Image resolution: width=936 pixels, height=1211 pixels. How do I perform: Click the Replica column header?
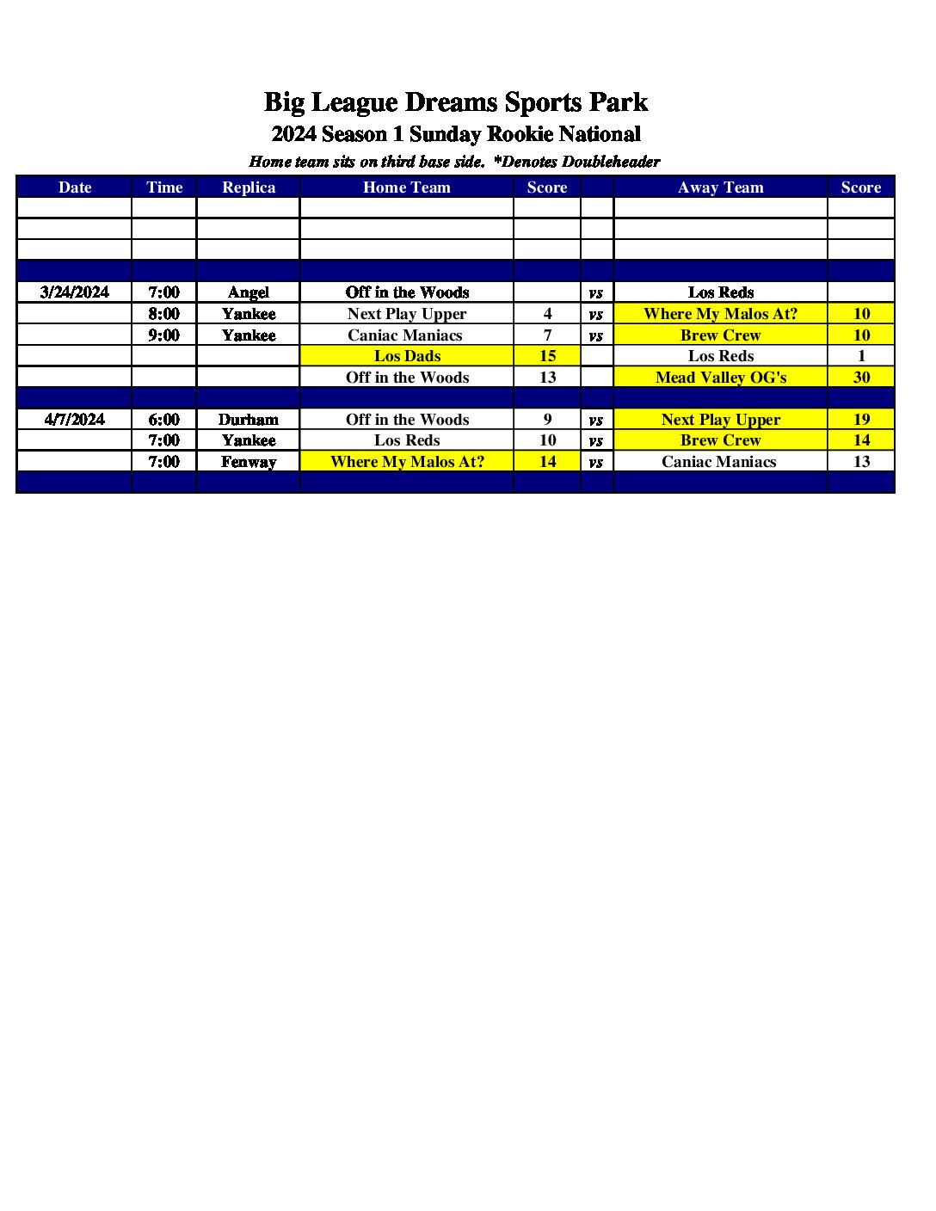pyautogui.click(x=249, y=187)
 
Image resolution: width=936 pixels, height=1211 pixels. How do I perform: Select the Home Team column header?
pyautogui.click(x=407, y=187)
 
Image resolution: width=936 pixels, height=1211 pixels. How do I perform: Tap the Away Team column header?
pyautogui.click(x=720, y=187)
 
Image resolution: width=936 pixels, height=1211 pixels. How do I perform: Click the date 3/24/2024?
pyautogui.click(x=75, y=292)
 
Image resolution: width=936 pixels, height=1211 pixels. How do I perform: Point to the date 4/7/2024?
pyautogui.click(x=75, y=420)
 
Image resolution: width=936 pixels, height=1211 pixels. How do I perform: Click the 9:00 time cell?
pyautogui.click(x=164, y=335)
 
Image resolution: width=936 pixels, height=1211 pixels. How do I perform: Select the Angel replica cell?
pyautogui.click(x=249, y=292)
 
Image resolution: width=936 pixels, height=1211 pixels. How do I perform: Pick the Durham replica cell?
pyautogui.click(x=249, y=420)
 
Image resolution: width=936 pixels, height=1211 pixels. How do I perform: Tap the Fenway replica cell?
pyautogui.click(x=249, y=462)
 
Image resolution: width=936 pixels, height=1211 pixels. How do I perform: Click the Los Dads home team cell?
pyautogui.click(x=407, y=356)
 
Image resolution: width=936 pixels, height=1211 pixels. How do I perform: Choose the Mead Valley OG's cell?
pyautogui.click(x=721, y=378)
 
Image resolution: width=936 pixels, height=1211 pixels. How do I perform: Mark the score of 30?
pyautogui.click(x=861, y=378)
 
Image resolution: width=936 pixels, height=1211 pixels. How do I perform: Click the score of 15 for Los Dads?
pyautogui.click(x=547, y=356)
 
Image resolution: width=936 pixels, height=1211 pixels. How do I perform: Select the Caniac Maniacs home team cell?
pyautogui.click(x=405, y=335)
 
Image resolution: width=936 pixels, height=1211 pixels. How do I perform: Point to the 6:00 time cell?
pyautogui.click(x=164, y=420)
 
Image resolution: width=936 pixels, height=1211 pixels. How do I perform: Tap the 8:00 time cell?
pyautogui.click(x=164, y=314)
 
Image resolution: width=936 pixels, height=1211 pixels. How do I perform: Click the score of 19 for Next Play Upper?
pyautogui.click(x=861, y=420)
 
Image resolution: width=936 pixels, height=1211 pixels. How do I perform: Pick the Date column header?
pyautogui.click(x=75, y=187)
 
